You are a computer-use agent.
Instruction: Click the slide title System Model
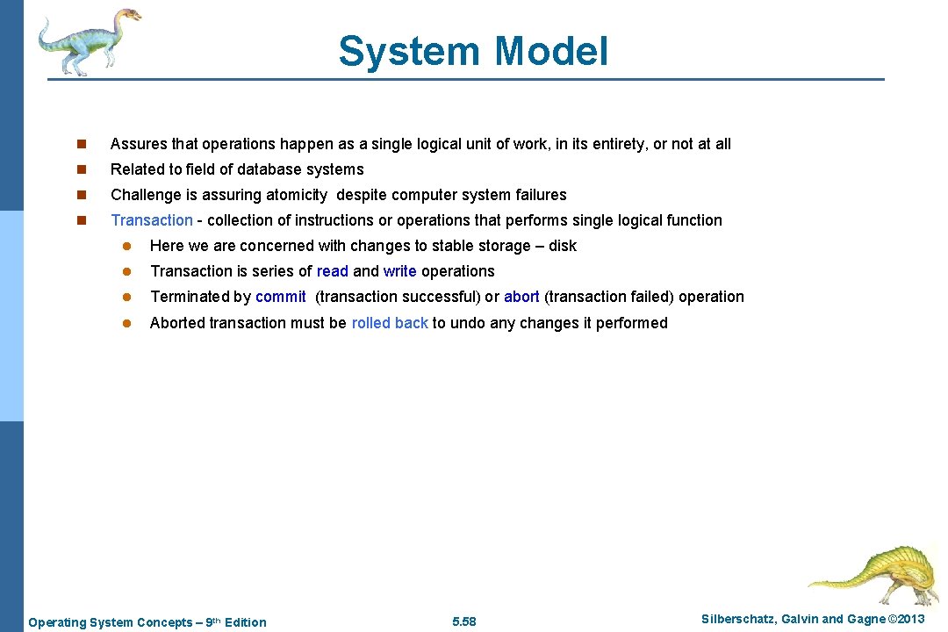coord(473,51)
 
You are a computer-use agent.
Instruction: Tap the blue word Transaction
coord(151,220)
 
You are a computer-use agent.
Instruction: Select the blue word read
coord(332,271)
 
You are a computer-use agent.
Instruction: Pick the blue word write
coord(399,271)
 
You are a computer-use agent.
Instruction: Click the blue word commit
coord(280,297)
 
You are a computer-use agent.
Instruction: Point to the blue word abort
coord(521,297)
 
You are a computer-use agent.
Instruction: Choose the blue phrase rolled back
coord(390,323)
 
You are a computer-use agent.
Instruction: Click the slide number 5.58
coord(463,621)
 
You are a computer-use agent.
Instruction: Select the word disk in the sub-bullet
coord(563,246)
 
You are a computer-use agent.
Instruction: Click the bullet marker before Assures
coord(80,144)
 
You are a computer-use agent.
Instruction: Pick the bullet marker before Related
coord(80,169)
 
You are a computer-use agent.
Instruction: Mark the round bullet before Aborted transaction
coord(126,323)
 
